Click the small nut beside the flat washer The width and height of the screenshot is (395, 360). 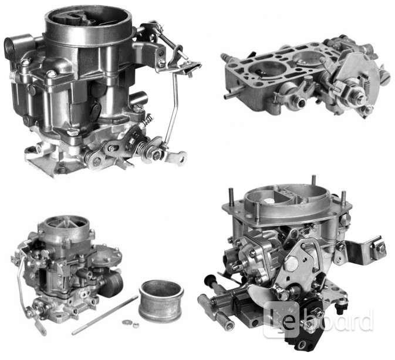click(136, 324)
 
